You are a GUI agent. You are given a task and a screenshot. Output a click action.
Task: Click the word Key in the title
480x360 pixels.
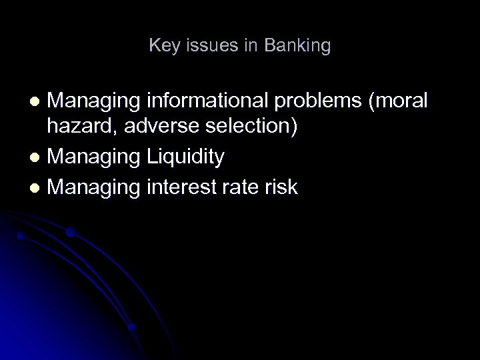162,46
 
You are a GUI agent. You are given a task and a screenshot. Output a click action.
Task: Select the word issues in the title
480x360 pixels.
205,46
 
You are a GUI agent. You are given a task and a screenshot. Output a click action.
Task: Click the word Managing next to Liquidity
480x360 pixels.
92,158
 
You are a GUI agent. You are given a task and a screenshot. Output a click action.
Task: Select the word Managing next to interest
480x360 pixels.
92,187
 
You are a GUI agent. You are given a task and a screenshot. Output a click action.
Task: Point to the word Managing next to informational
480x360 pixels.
92,101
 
